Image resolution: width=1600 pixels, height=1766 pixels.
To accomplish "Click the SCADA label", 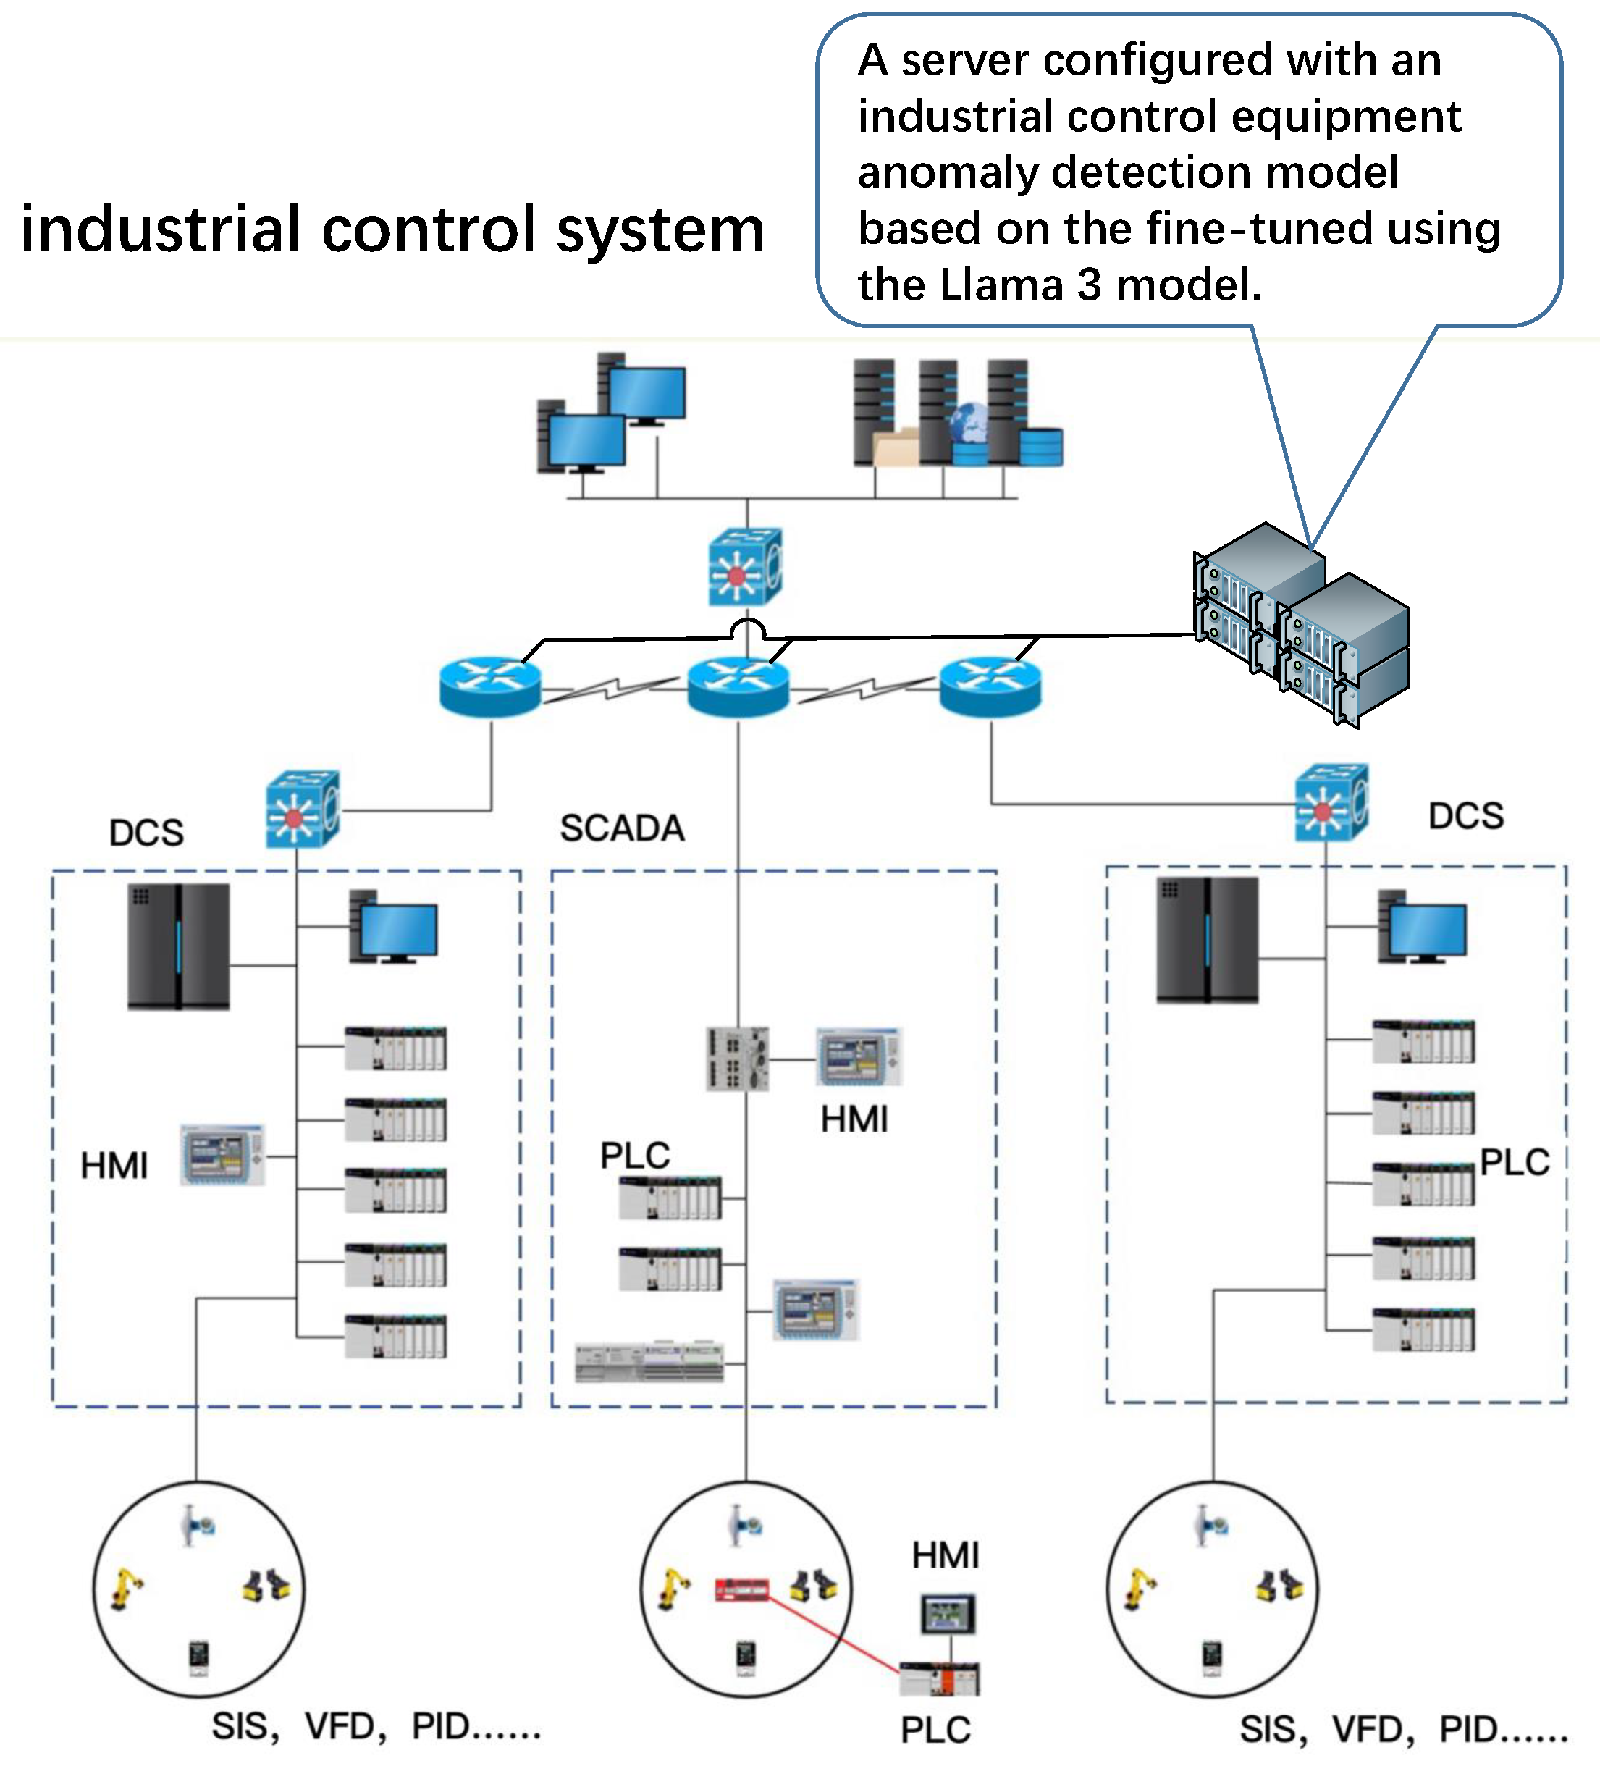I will [x=622, y=828].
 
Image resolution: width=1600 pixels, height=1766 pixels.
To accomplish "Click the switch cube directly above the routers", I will [x=744, y=567].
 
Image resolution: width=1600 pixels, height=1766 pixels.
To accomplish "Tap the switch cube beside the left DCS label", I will [x=302, y=809].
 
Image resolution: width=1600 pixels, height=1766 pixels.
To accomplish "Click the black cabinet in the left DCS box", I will [x=179, y=946].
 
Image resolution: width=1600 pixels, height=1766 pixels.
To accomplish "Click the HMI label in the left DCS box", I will [x=114, y=1166].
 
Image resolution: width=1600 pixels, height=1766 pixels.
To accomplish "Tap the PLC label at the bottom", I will [x=935, y=1730].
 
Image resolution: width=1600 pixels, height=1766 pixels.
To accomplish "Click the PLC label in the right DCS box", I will [x=1514, y=1162].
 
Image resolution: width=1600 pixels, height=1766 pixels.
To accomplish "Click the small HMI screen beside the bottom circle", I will [x=948, y=1613].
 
